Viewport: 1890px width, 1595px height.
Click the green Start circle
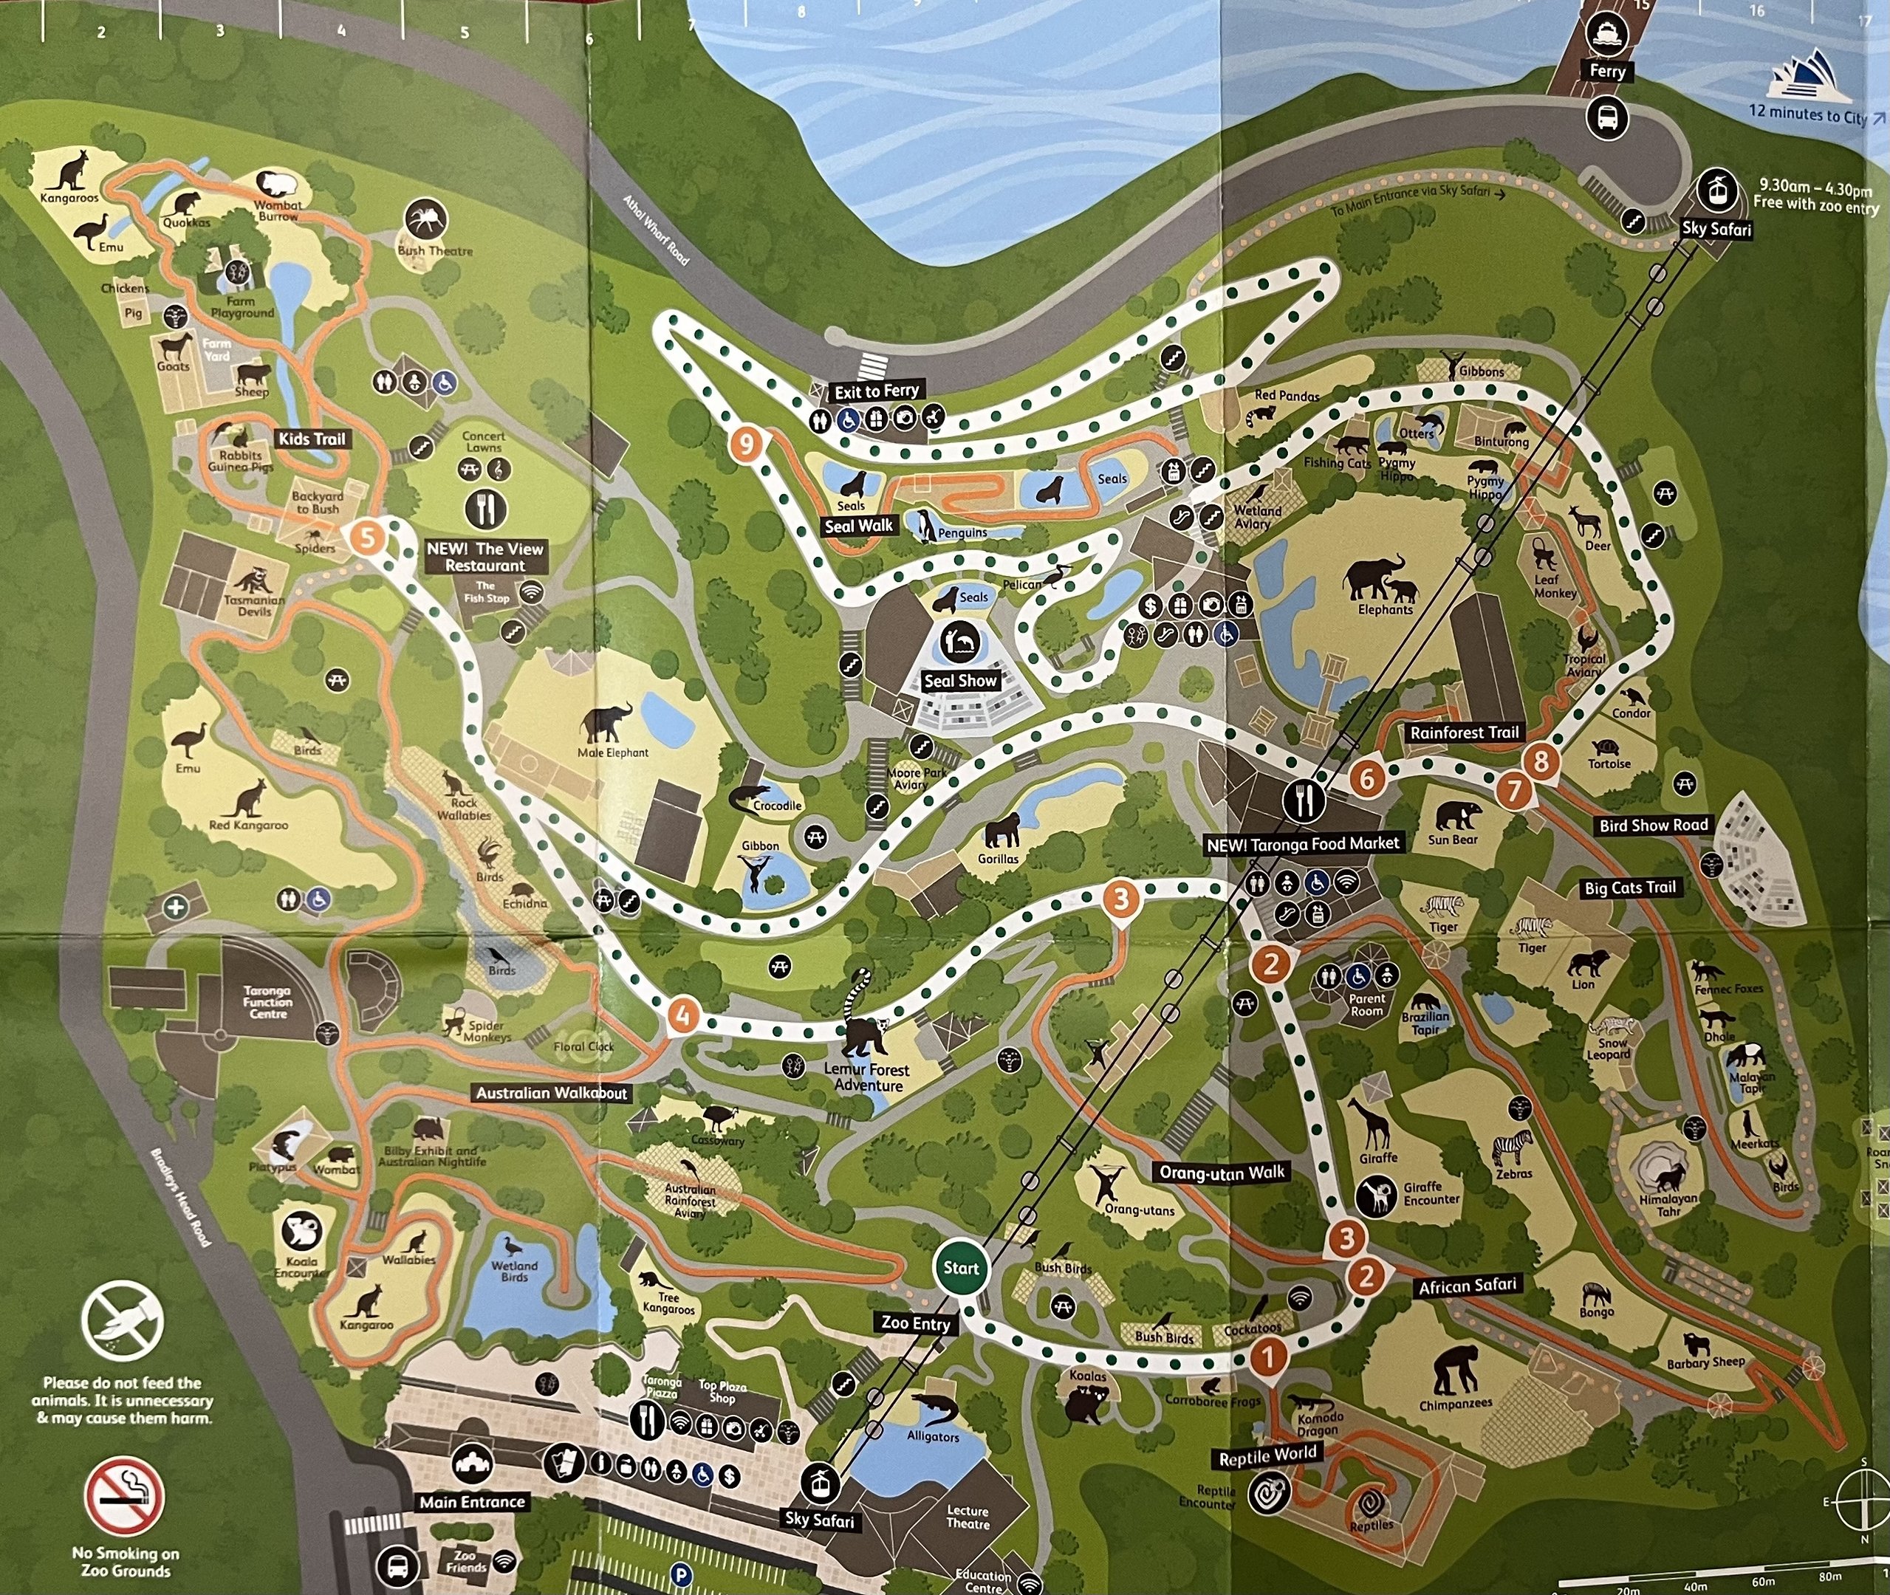point(960,1268)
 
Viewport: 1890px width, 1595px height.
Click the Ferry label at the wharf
point(1607,72)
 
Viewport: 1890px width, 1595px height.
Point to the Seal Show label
point(959,681)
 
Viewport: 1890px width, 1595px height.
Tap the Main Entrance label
point(472,1502)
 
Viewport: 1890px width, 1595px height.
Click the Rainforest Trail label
point(1464,733)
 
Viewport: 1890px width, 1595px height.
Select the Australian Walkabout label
point(551,1092)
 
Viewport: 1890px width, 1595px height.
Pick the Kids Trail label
point(312,439)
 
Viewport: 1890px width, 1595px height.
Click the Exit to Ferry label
point(876,391)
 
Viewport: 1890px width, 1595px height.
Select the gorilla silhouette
point(1001,830)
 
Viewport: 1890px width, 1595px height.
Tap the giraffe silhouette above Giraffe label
point(1374,1123)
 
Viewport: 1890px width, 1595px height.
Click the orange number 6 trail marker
point(1367,778)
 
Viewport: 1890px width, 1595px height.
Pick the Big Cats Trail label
point(1629,888)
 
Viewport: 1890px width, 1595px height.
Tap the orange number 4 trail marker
point(682,1015)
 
